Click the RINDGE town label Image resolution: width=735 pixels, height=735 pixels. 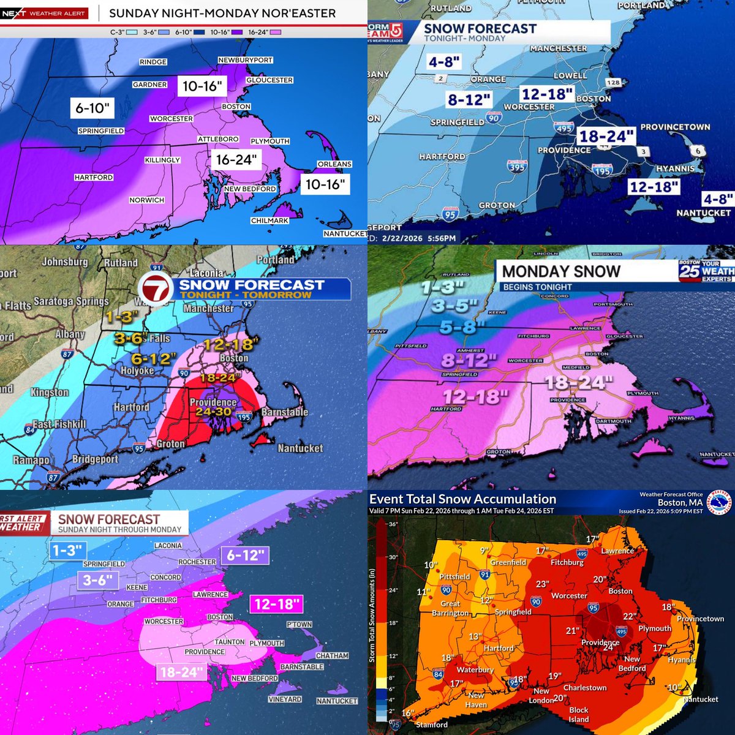(153, 62)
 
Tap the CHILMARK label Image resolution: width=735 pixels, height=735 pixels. (269, 221)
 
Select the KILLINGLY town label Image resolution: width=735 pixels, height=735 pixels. (162, 160)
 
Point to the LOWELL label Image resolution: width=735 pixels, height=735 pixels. (570, 75)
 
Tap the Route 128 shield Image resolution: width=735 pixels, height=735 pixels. (613, 83)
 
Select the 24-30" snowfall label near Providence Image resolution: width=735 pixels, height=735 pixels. (214, 412)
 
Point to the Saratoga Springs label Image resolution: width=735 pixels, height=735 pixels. (71, 301)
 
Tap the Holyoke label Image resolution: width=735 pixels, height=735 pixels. (137, 371)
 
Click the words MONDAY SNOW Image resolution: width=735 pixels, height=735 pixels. (561, 271)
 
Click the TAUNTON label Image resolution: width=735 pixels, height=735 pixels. (230, 642)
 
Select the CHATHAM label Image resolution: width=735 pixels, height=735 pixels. (332, 655)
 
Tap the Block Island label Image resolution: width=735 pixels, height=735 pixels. (579, 715)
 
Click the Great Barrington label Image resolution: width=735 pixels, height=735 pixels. (450, 608)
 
